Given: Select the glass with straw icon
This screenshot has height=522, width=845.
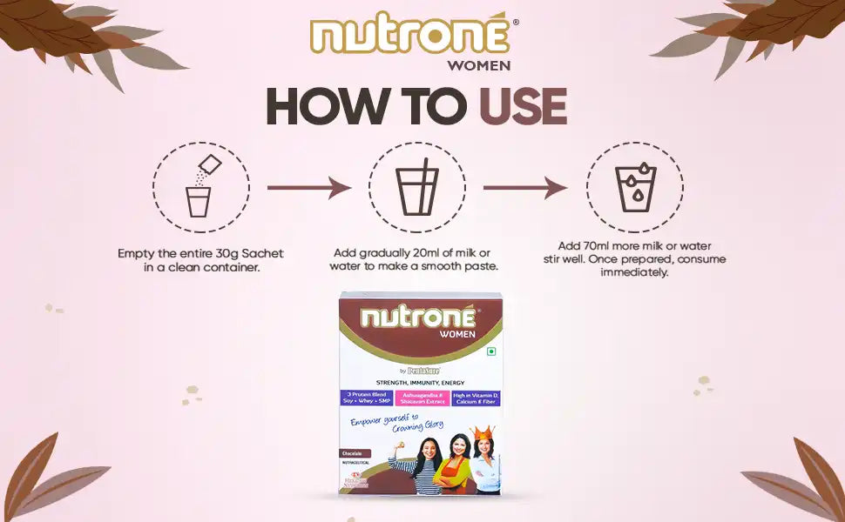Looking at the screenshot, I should pos(416,187).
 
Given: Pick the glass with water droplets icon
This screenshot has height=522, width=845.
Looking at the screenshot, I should pos(634,187).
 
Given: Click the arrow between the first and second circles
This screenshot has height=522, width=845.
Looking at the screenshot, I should pos(308,187).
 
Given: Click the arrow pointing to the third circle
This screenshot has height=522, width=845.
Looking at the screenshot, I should pos(525,187).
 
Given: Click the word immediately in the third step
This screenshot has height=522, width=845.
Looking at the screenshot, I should pos(634,272).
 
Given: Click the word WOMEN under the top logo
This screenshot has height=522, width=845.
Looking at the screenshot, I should pos(478,64).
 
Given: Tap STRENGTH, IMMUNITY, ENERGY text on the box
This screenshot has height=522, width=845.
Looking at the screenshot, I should pos(420,382).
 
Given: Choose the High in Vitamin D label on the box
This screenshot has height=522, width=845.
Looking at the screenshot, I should pos(476,398).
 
